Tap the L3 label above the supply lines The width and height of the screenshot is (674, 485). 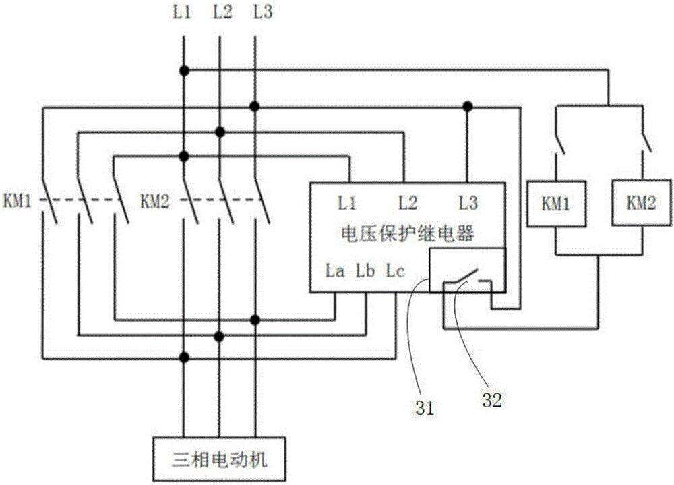tap(263, 12)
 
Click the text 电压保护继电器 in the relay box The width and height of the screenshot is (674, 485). tap(406, 233)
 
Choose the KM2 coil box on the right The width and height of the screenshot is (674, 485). tap(637, 202)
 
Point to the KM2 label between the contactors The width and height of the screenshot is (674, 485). tap(155, 200)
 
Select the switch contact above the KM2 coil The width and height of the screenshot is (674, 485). tap(644, 142)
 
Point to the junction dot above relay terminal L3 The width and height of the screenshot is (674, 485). tap(466, 106)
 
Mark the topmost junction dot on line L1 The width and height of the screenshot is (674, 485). tap(184, 71)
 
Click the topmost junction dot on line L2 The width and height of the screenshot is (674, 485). tap(219, 131)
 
